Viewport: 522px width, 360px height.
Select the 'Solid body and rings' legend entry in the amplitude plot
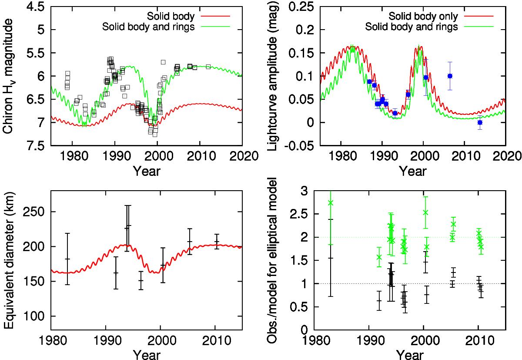[424, 26]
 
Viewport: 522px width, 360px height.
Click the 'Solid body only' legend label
[423, 17]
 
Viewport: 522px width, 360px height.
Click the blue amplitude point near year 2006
[450, 76]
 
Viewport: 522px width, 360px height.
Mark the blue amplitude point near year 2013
[480, 122]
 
